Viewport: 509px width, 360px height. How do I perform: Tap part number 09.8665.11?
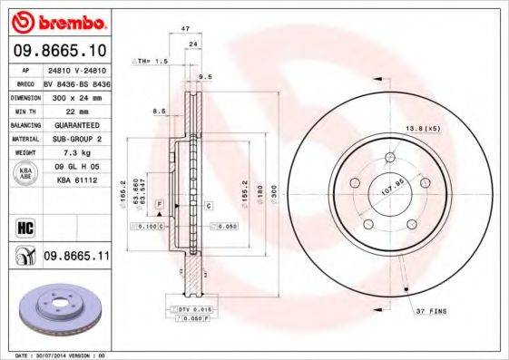[x=76, y=258]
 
